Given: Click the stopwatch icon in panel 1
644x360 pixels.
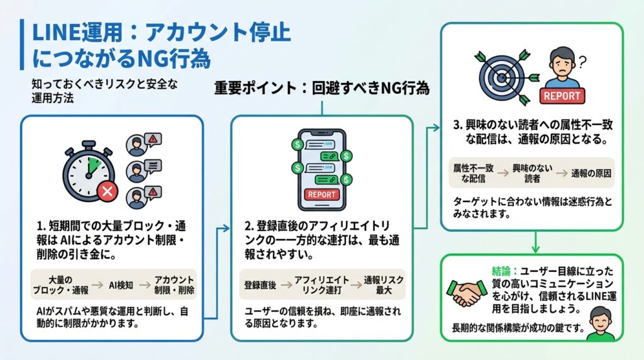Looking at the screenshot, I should pos(88,169).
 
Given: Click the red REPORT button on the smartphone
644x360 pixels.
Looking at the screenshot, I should pos(322,194).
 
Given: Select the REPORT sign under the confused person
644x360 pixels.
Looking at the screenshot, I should pos(562,96).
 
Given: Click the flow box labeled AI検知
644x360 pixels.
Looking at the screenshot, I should pos(121,284).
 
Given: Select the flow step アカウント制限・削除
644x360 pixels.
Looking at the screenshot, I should pos(174,284).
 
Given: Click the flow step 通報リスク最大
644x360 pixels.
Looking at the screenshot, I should pos(384,284).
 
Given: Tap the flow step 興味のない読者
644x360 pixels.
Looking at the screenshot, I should pos(530,173).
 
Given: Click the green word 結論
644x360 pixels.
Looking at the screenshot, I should pos(504,271).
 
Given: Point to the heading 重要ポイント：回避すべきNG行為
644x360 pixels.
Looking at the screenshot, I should pos(322,88).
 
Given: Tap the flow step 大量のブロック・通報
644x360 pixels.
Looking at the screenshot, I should pos(61,284).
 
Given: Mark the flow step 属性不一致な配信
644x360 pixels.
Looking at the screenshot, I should pos(472,173).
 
